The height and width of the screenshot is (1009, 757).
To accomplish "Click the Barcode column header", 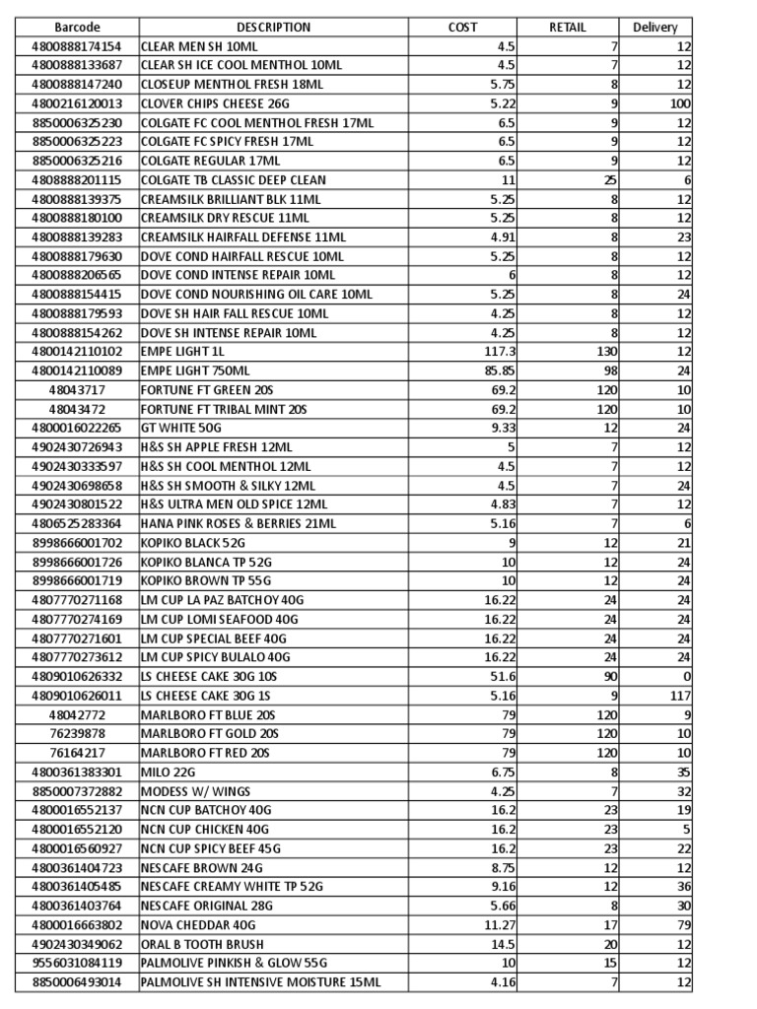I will [x=77, y=28].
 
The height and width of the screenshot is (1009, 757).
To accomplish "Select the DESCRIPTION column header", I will [x=273, y=28].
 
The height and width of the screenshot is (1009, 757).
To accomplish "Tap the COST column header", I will [x=462, y=28].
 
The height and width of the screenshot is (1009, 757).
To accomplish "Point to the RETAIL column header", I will [x=568, y=28].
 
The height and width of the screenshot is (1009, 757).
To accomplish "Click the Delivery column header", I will [x=655, y=28].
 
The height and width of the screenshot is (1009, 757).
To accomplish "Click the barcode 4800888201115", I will [x=77, y=180].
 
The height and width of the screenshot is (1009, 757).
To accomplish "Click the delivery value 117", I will [x=680, y=696].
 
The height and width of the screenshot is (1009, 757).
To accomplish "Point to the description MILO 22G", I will [x=169, y=772].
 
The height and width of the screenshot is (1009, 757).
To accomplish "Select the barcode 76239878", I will [x=77, y=733].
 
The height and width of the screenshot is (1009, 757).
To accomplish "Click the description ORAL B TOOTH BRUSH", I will [x=198, y=945].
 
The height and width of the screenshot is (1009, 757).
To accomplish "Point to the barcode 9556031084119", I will [x=77, y=964].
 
